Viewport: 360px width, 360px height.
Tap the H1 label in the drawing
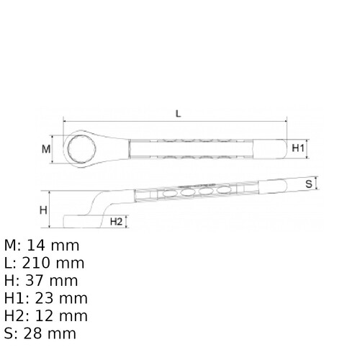(x=300, y=148)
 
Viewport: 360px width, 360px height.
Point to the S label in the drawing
(x=308, y=184)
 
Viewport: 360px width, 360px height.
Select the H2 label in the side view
(x=117, y=222)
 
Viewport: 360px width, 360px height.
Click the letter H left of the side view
(x=42, y=210)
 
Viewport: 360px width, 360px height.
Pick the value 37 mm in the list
(x=50, y=281)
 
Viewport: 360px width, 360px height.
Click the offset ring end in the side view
(x=76, y=219)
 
